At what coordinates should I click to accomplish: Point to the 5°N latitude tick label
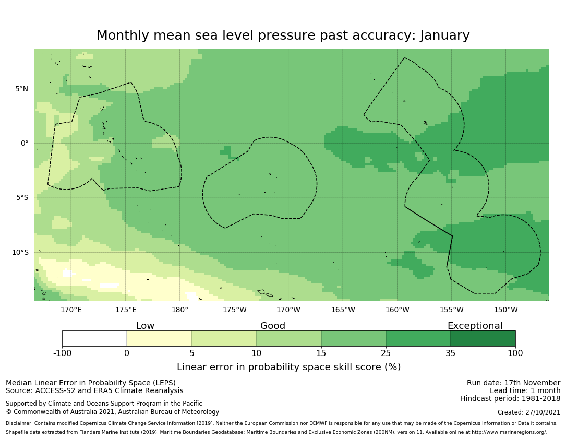pyautogui.click(x=21, y=89)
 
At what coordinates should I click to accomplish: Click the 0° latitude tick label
pyautogui.click(x=25, y=143)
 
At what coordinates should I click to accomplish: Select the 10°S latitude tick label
pyautogui.click(x=20, y=252)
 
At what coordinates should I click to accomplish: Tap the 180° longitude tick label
pyautogui.click(x=180, y=310)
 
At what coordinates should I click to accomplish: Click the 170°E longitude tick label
pyautogui.click(x=71, y=310)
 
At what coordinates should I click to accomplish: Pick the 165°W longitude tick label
pyautogui.click(x=343, y=310)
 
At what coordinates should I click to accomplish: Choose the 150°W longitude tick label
pyautogui.click(x=506, y=310)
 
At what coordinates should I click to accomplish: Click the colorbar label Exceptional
pyautogui.click(x=475, y=326)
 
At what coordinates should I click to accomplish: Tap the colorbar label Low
pyautogui.click(x=145, y=326)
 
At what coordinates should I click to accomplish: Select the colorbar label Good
pyautogui.click(x=273, y=326)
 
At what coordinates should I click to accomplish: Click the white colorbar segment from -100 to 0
pyautogui.click(x=94, y=338)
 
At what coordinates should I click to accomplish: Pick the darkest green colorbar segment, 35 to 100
pyautogui.click(x=483, y=338)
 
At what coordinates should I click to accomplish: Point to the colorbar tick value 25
pyautogui.click(x=386, y=353)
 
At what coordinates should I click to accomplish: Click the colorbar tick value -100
pyautogui.click(x=62, y=353)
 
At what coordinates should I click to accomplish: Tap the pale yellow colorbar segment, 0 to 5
pyautogui.click(x=159, y=338)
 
